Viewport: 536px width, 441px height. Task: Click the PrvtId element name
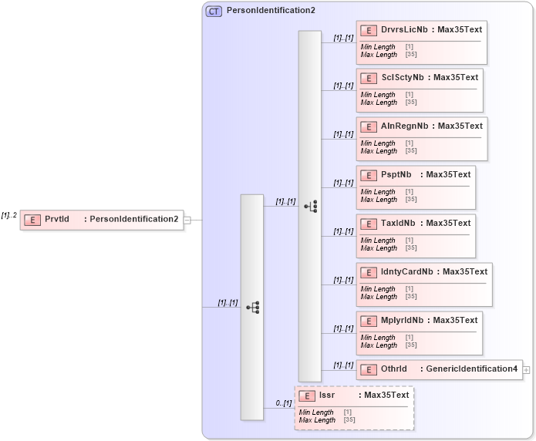(57, 220)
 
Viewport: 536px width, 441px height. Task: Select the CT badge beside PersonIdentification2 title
(214, 12)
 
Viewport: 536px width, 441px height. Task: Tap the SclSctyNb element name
(403, 77)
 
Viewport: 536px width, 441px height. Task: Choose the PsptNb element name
(396, 174)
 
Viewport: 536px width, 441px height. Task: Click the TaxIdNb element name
(398, 223)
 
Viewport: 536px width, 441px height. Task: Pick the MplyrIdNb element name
(403, 320)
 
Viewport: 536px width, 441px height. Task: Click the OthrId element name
(393, 369)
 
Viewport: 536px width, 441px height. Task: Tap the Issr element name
(327, 396)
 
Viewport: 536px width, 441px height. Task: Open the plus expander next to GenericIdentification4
(527, 370)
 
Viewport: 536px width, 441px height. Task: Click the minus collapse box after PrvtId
(187, 220)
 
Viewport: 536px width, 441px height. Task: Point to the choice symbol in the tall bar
(310, 206)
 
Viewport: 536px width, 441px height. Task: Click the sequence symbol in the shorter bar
(252, 307)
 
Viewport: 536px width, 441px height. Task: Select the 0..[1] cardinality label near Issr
(283, 403)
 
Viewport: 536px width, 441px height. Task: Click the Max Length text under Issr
(317, 420)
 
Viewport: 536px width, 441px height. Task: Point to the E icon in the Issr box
(306, 396)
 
